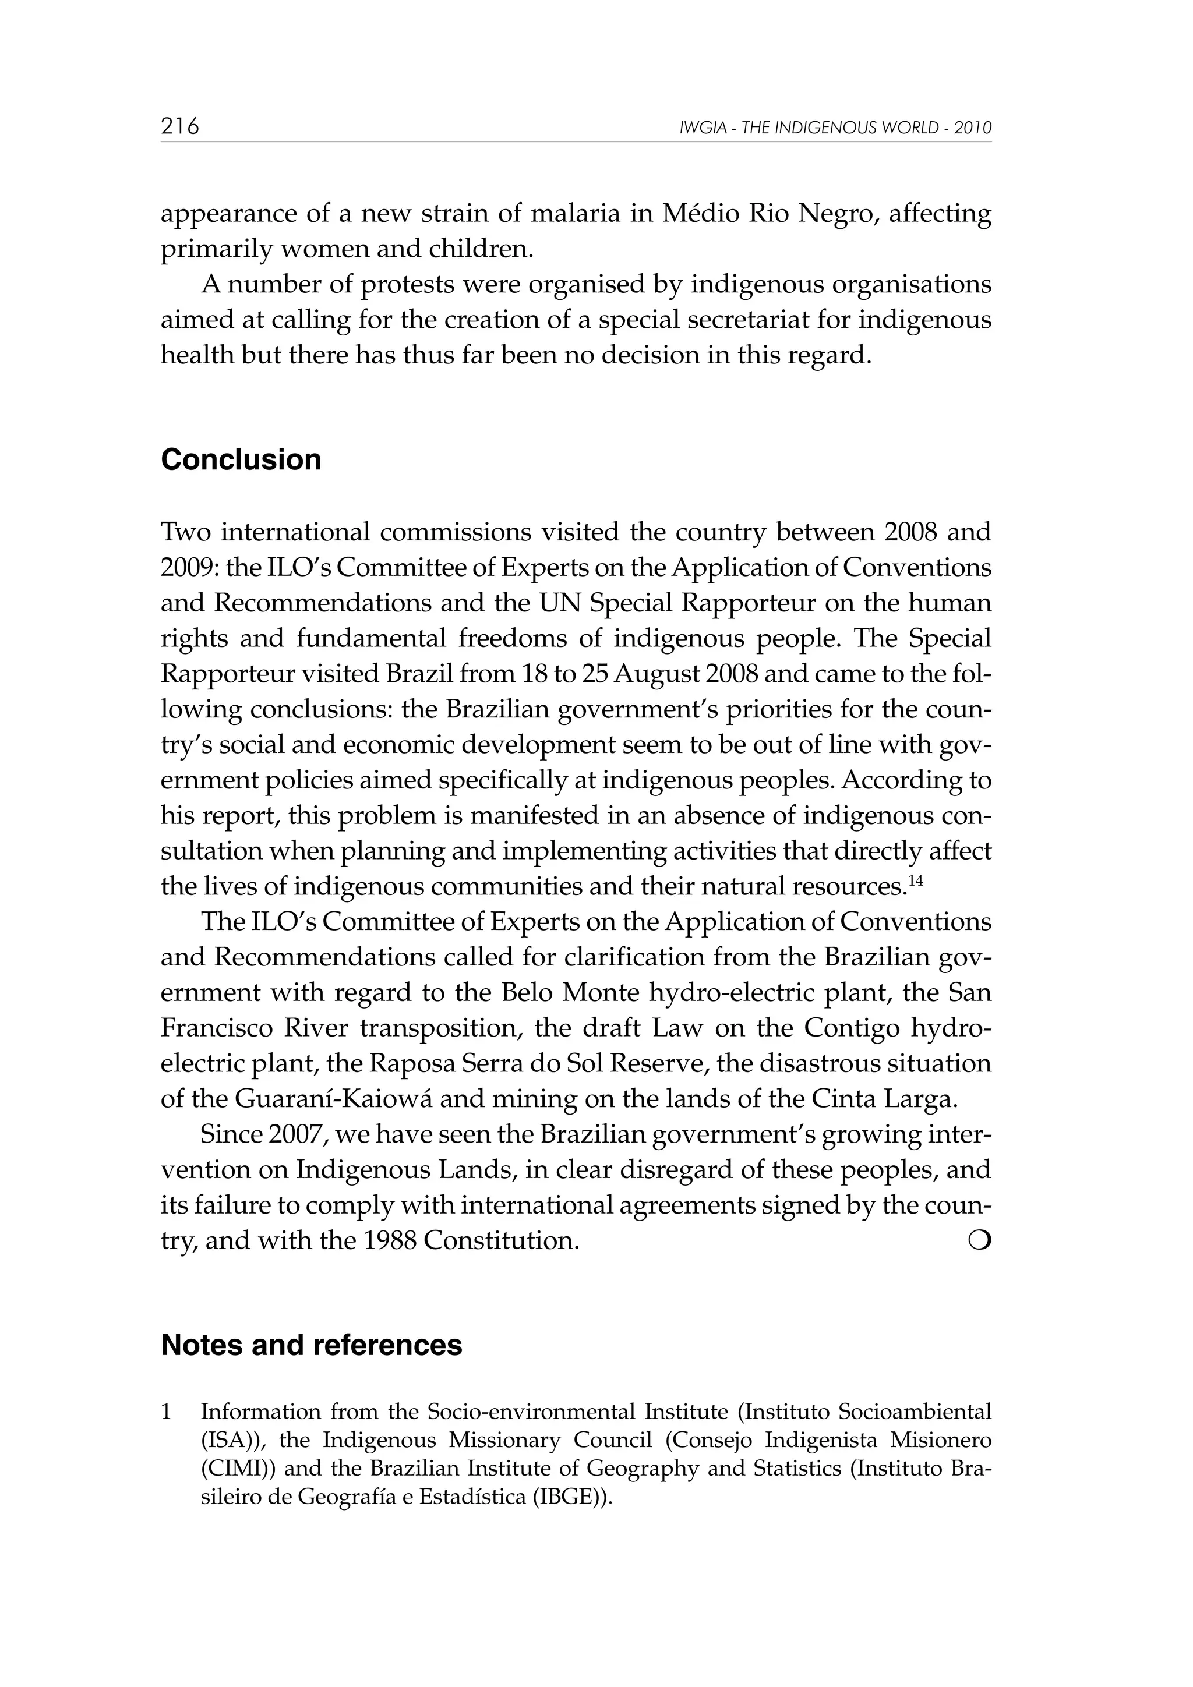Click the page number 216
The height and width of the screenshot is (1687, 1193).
click(180, 126)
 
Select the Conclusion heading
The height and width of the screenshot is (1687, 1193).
click(241, 460)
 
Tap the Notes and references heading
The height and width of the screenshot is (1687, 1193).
click(311, 1345)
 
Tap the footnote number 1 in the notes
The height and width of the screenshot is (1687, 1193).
click(166, 1412)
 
